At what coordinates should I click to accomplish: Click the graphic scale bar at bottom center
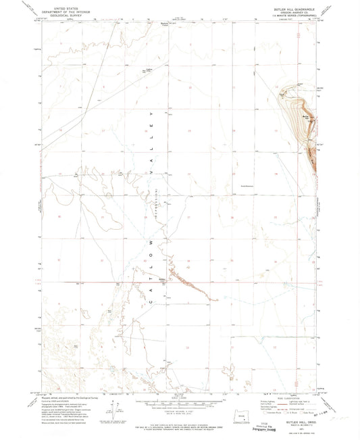click(180, 400)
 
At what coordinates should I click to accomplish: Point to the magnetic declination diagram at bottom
click(115, 409)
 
